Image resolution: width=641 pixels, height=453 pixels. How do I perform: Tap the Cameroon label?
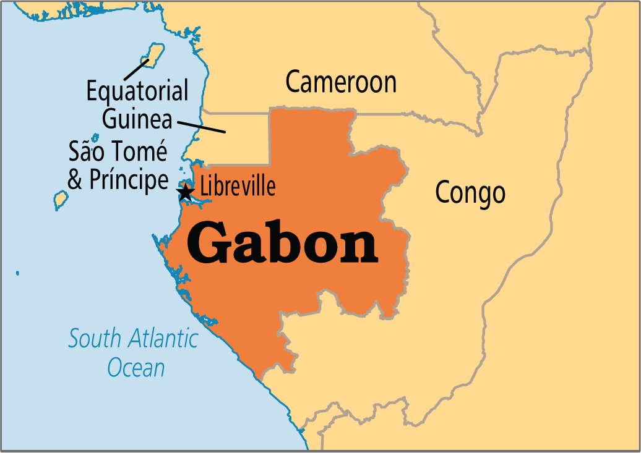[341, 82]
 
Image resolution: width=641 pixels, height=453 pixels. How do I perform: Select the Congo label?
[470, 192]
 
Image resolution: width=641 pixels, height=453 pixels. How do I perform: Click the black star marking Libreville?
[185, 192]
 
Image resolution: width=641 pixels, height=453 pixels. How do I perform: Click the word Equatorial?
[137, 91]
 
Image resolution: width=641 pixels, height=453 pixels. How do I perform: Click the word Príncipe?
[129, 180]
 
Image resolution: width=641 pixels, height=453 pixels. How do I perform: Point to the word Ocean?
[136, 368]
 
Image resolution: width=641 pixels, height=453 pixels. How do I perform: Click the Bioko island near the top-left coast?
[155, 54]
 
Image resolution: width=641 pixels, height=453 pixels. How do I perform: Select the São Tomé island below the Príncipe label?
[60, 199]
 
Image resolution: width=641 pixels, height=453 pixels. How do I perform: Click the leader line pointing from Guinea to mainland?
[205, 125]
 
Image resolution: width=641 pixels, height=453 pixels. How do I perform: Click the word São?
[86, 152]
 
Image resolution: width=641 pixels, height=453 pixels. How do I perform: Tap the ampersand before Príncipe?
[75, 180]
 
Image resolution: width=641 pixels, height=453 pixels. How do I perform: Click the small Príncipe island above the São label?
[95, 138]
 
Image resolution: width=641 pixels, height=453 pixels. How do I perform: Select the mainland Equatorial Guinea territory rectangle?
[238, 139]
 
